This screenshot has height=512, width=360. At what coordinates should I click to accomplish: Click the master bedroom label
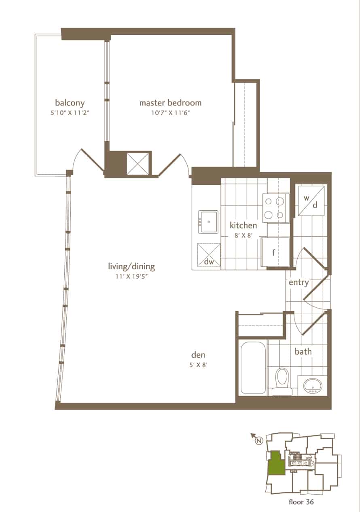point(170,103)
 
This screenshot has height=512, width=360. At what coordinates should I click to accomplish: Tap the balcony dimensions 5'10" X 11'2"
point(70,113)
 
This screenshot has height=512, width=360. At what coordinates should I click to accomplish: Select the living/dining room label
point(131,267)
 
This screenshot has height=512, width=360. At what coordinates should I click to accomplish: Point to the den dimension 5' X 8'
point(198,365)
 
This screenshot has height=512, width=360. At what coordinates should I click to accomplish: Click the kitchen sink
point(208,222)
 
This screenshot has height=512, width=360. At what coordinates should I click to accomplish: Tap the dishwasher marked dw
point(209,255)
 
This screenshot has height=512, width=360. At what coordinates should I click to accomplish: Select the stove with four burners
point(276,208)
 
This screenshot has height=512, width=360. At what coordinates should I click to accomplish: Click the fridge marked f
point(275,252)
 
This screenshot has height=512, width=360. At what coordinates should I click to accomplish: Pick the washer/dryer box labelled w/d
point(311,201)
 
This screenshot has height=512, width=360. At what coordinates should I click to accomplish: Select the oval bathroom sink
point(313,386)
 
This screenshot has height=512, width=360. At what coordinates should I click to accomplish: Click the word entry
point(299,283)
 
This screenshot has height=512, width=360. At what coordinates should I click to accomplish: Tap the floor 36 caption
point(301,502)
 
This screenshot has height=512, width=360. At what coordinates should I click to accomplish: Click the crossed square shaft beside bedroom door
point(138,164)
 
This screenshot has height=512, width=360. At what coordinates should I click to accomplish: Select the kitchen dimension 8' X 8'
point(243,235)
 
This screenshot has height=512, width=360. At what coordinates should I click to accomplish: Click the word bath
point(303,351)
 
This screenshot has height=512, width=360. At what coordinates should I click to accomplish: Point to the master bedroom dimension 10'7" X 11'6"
point(171,113)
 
